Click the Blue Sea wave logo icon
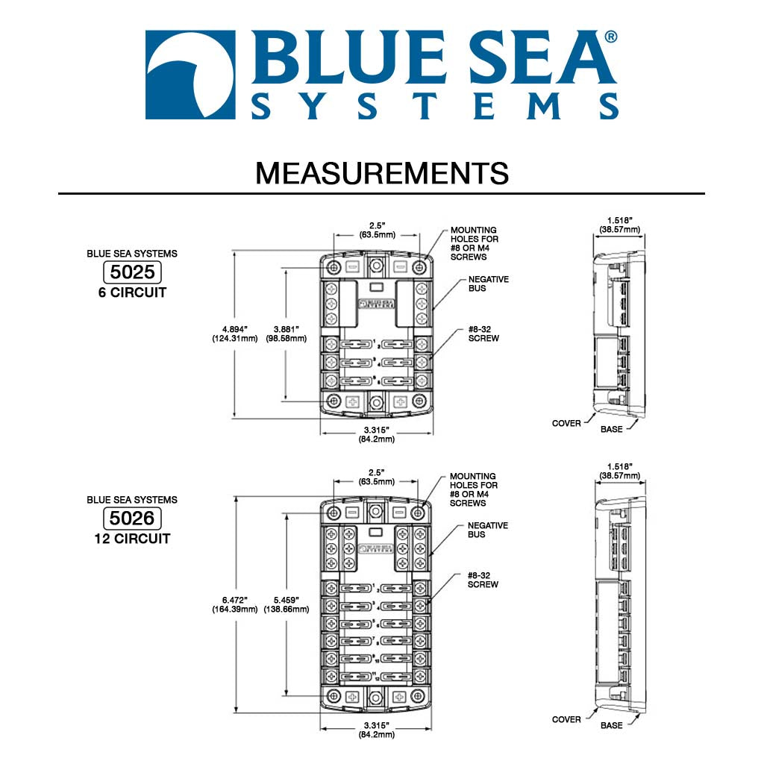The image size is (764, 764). pyautogui.click(x=191, y=75)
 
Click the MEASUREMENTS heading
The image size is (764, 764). pyautogui.click(x=382, y=173)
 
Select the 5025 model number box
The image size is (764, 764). pyautogui.click(x=132, y=272)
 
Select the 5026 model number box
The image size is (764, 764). pyautogui.click(x=132, y=518)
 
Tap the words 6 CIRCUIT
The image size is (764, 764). pyautogui.click(x=132, y=292)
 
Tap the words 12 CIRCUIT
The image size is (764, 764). pyautogui.click(x=132, y=539)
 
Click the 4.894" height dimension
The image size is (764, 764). pyautogui.click(x=234, y=334)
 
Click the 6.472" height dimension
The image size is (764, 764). pyautogui.click(x=234, y=604)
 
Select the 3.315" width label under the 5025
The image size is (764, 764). pyautogui.click(x=377, y=434)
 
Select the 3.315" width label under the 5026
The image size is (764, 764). pyautogui.click(x=377, y=730)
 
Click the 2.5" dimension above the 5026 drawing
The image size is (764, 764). pyautogui.click(x=377, y=476)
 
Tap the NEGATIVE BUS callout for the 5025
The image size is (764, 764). pyautogui.click(x=488, y=284)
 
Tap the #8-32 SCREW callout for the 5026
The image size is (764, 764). pyautogui.click(x=483, y=580)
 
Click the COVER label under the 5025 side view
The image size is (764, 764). pyautogui.click(x=566, y=423)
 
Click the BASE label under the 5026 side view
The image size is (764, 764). pyautogui.click(x=611, y=725)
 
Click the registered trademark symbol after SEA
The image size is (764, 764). pyautogui.click(x=610, y=37)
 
